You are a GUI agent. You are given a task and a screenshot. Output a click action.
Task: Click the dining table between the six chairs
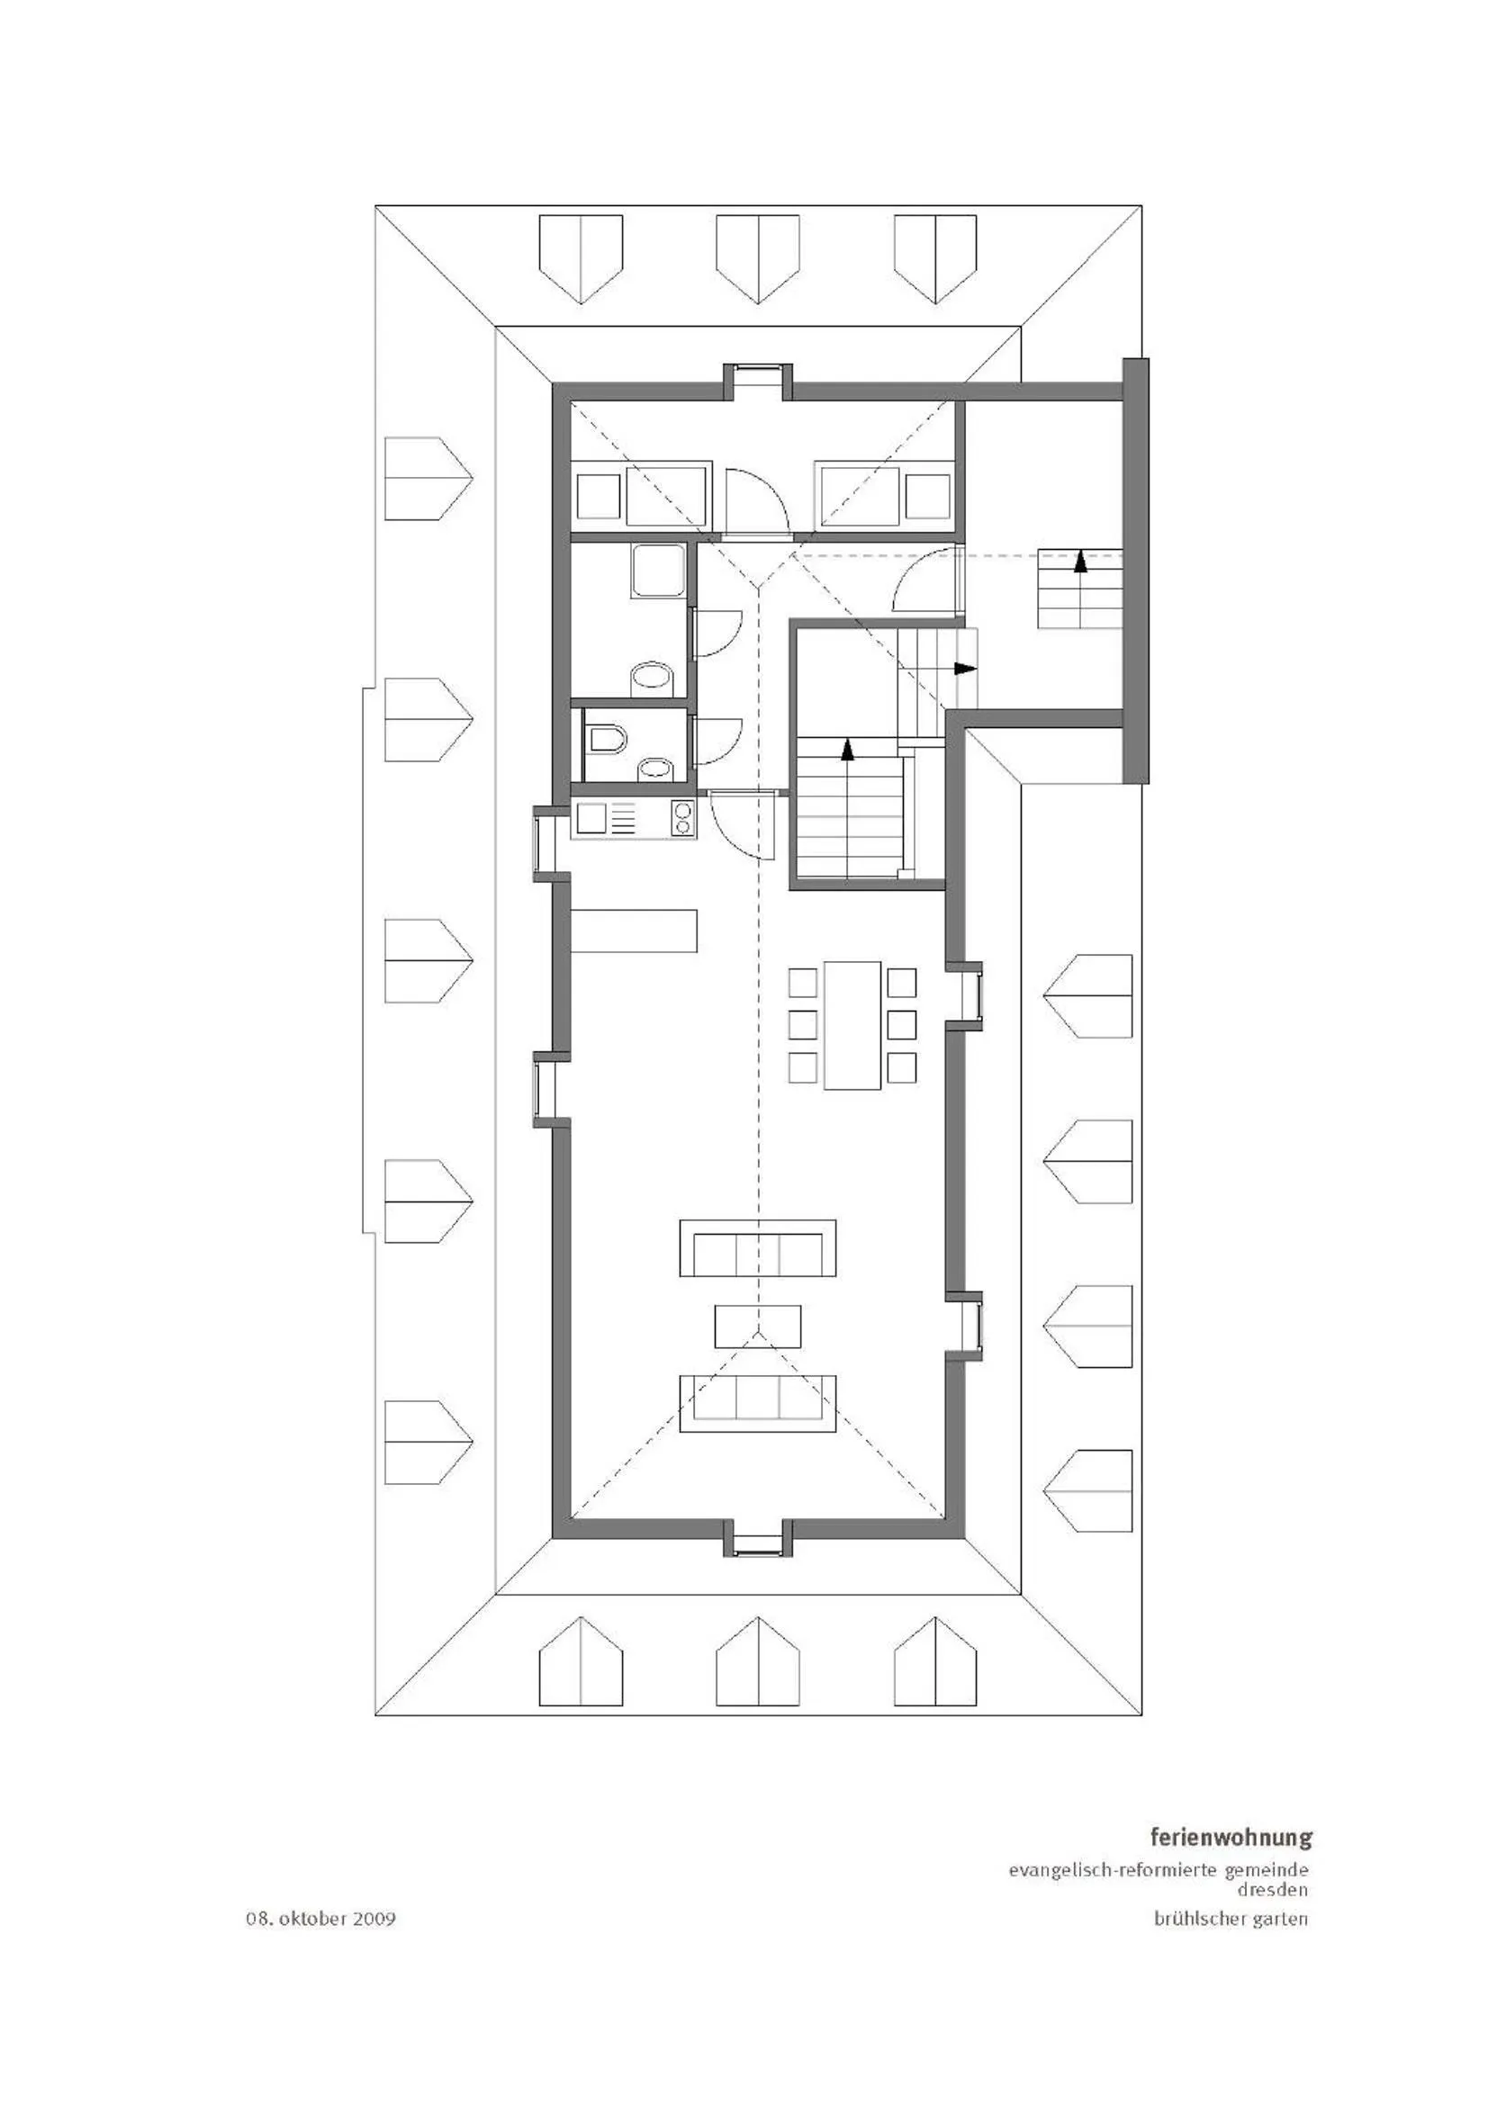(x=852, y=1024)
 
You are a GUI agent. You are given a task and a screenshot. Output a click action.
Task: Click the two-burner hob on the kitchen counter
(x=682, y=818)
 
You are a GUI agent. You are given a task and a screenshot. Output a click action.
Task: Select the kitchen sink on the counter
(x=591, y=818)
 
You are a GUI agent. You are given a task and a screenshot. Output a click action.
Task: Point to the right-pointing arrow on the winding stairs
(x=964, y=669)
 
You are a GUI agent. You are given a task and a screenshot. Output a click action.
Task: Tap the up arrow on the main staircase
(x=847, y=751)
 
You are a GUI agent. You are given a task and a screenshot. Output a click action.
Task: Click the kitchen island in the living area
(x=634, y=930)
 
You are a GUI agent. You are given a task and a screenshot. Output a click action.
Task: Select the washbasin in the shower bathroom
(x=652, y=678)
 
